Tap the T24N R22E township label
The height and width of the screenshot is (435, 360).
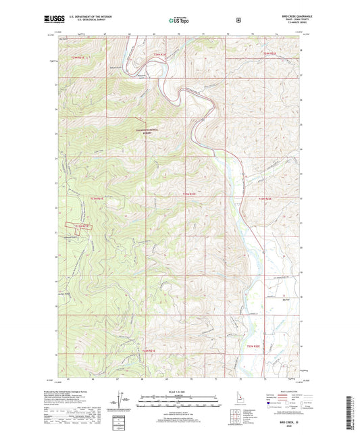[x=269, y=53]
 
